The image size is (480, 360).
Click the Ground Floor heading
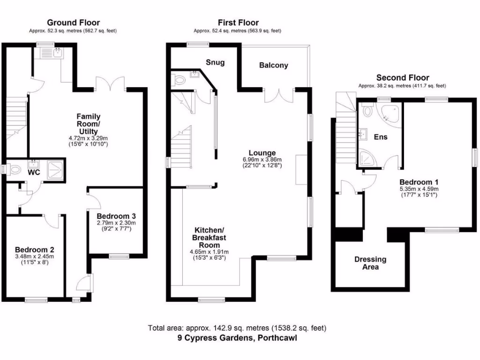[73, 22]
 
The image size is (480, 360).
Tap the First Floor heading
[238, 22]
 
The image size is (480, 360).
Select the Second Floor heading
[403, 78]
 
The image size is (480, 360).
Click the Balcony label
[274, 66]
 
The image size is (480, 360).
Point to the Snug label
[215, 62]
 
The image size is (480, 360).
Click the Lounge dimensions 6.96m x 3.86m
[262, 159]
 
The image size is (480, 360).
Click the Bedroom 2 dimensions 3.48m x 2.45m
[35, 256]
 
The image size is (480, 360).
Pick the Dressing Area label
[370, 263]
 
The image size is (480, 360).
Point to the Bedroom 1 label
[419, 182]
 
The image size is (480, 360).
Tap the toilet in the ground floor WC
[14, 170]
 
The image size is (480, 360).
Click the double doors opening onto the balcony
[278, 94]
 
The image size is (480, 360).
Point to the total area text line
[237, 328]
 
